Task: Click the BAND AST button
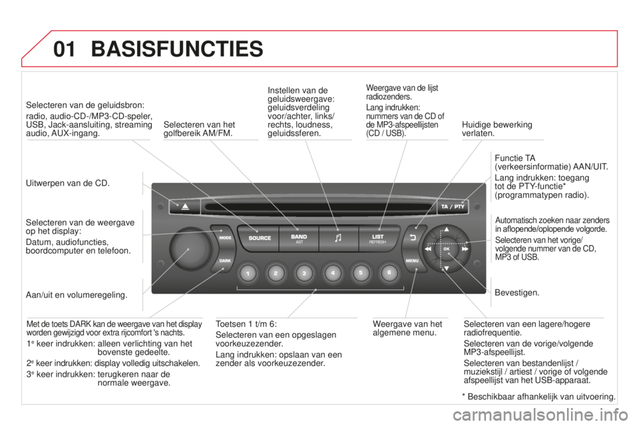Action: pyautogui.click(x=299, y=238)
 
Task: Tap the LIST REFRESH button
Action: pyautogui.click(x=378, y=238)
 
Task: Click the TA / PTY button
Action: pyautogui.click(x=453, y=207)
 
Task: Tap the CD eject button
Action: pyautogui.click(x=184, y=207)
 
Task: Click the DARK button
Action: pyautogui.click(x=224, y=260)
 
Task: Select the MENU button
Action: pyautogui.click(x=413, y=260)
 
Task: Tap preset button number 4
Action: pyautogui.click(x=333, y=273)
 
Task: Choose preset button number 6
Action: pyautogui.click(x=389, y=273)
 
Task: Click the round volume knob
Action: pyautogui.click(x=190, y=249)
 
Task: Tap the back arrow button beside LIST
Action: pyautogui.click(x=413, y=237)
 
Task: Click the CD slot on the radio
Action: pyautogui.click(x=319, y=207)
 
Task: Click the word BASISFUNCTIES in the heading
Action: pyautogui.click(x=177, y=49)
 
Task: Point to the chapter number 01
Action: pyautogui.click(x=65, y=49)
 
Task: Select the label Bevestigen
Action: pyautogui.click(x=517, y=293)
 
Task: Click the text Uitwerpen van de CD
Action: pyautogui.click(x=68, y=183)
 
